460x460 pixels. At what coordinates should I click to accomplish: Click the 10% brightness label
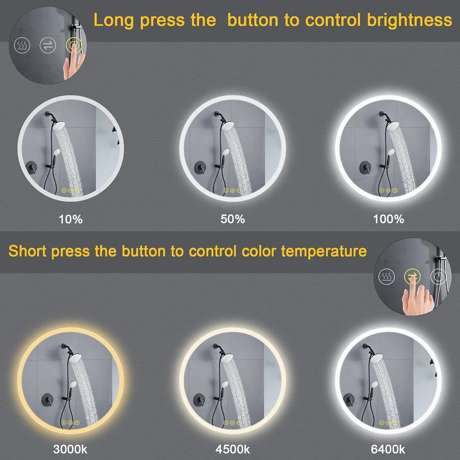tap(71, 219)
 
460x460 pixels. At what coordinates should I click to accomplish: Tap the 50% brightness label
tap(233, 219)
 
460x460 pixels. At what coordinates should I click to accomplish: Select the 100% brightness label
tap(388, 219)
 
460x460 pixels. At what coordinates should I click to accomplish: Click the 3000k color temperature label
tap(70, 449)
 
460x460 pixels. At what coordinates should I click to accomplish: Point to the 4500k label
tap(233, 449)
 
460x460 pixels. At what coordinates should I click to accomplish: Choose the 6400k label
tap(388, 449)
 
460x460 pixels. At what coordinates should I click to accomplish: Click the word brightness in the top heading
tap(409, 21)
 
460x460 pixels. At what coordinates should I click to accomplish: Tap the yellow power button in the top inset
tap(74, 45)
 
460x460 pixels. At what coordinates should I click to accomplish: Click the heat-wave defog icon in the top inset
tap(22, 45)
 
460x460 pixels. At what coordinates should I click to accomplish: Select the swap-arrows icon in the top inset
tap(48, 45)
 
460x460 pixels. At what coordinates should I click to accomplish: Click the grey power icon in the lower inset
tap(438, 277)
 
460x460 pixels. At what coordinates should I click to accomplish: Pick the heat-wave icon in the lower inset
tap(386, 277)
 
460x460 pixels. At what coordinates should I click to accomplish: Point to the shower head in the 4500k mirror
tap(226, 358)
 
